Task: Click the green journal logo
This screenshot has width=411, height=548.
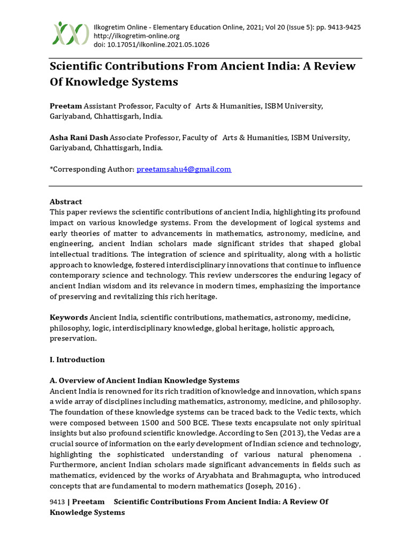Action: pyautogui.click(x=70, y=33)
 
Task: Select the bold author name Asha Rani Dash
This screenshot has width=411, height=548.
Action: pyautogui.click(x=79, y=138)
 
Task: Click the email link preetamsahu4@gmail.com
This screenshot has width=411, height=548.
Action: pyautogui.click(x=184, y=169)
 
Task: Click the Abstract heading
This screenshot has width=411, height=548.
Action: pyautogui.click(x=66, y=202)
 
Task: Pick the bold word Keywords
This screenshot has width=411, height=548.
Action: pyautogui.click(x=68, y=317)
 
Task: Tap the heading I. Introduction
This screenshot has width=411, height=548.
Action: pyautogui.click(x=77, y=360)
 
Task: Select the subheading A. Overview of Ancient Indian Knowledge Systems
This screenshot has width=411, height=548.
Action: pyautogui.click(x=144, y=380)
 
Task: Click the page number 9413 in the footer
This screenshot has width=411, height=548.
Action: pyautogui.click(x=57, y=502)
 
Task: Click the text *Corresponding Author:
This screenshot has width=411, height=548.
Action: pyautogui.click(x=92, y=169)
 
